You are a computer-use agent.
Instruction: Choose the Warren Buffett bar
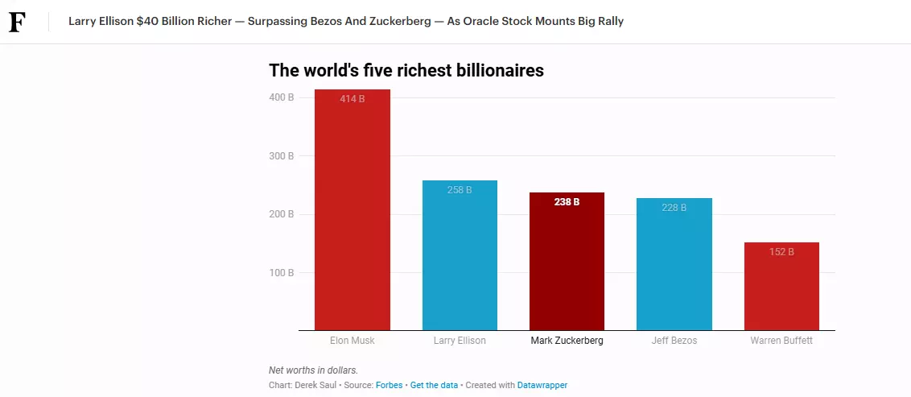pos(781,290)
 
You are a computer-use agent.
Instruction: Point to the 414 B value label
pos(352,99)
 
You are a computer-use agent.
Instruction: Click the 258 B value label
pos(460,190)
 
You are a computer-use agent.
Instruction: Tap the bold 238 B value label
pos(567,202)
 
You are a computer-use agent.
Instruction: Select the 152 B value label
pos(781,252)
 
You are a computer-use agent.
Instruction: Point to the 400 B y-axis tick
pos(281,97)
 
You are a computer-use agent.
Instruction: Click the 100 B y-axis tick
pos(281,273)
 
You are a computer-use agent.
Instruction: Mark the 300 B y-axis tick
pos(281,156)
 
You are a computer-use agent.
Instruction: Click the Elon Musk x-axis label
pos(352,341)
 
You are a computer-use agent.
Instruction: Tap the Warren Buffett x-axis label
pos(781,341)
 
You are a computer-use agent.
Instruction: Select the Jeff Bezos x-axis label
pos(674,341)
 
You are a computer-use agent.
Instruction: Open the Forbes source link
pos(389,385)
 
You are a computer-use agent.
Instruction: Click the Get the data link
pos(434,385)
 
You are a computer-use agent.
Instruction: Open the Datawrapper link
pos(542,385)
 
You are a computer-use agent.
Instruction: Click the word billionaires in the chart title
pos(497,71)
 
